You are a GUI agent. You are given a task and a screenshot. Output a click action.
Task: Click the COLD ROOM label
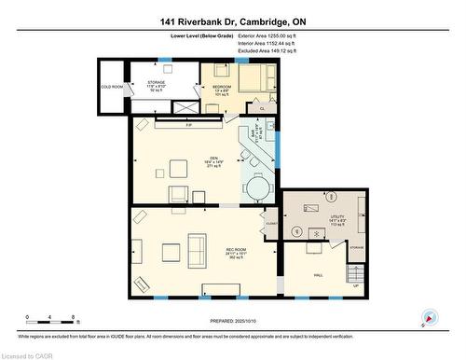tap(111, 88)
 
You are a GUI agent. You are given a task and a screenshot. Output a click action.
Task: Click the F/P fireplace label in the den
tap(188, 125)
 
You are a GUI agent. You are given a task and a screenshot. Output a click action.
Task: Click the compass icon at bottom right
tap(430, 317)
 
